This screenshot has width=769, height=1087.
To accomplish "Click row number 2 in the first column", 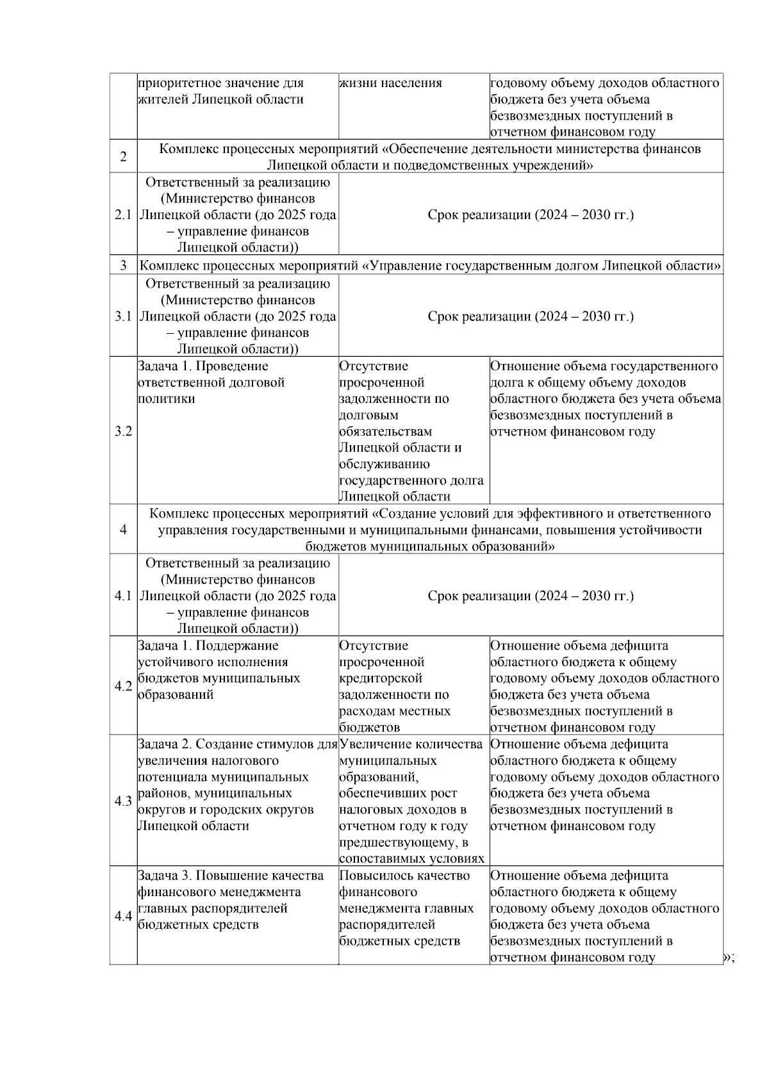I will pos(123,157).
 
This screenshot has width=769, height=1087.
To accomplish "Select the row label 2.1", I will pos(123,215).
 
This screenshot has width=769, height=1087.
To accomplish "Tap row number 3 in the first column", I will pos(123,266).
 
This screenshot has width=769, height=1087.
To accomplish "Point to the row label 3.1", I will pos(123,316).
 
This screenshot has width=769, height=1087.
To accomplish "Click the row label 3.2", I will pos(123,431).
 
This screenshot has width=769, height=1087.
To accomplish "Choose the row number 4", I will pos(123,530).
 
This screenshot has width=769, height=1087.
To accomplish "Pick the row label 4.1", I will pos(123,596).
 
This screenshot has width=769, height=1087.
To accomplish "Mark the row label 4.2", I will pos(123,686).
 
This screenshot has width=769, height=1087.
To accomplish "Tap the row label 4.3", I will pos(123,801).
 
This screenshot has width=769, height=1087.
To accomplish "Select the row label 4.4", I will pos(123,916).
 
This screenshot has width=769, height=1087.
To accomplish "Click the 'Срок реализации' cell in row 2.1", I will pos(531,215).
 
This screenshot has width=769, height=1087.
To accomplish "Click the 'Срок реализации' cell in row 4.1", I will pos(531,596).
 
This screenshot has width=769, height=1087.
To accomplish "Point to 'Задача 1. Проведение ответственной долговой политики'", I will pos(211,382).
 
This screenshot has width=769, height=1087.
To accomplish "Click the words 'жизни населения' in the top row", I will pos(390,83).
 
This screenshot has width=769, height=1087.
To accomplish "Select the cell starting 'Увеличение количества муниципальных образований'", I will pos(411,801).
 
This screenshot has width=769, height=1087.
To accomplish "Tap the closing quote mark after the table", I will pos(729,958).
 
